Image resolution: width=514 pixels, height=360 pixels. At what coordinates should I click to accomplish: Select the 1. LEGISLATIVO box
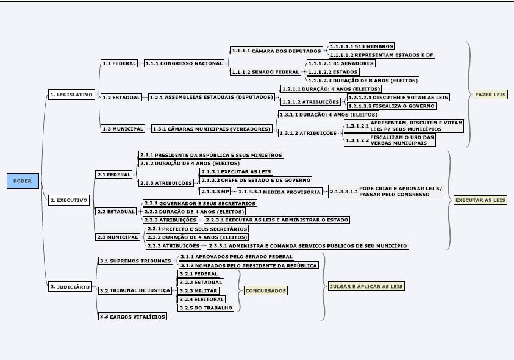click(71, 95)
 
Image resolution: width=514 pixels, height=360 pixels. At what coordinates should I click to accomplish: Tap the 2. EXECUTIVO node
click(70, 200)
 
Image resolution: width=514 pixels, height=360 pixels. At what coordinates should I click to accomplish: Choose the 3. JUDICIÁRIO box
click(71, 286)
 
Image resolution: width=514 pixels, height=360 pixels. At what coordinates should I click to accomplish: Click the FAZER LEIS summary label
click(491, 95)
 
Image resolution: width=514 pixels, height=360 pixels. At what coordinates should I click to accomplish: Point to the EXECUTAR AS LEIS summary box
click(480, 200)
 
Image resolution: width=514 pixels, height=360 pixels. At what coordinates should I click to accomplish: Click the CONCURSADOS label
click(265, 290)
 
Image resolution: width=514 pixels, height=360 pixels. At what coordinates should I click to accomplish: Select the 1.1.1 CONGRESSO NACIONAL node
click(184, 63)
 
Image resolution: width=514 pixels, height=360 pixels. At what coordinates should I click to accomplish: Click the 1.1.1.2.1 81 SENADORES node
click(340, 63)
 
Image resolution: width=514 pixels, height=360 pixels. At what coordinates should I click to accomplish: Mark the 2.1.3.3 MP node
click(215, 192)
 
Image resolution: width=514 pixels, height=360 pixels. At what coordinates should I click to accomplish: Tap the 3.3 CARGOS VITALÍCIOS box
click(133, 317)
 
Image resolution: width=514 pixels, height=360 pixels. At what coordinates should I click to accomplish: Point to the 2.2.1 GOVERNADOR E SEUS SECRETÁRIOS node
click(199, 203)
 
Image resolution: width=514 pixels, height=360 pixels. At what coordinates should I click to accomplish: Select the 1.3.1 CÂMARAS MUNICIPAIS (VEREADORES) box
click(212, 129)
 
